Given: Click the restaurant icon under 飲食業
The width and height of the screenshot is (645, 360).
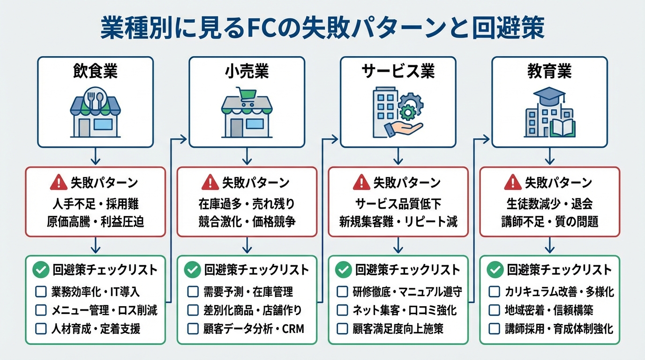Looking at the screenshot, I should pos(95,111).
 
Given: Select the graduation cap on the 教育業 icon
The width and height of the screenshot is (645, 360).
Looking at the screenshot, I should pos(552,96).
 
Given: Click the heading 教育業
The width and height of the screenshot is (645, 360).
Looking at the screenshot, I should pos(549,72).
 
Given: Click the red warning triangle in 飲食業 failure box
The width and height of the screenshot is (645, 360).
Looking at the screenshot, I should pos(59,182).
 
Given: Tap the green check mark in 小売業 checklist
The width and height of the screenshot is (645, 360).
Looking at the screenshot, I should pos(192,270).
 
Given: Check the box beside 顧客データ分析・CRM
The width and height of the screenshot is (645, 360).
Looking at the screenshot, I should pos(193,329).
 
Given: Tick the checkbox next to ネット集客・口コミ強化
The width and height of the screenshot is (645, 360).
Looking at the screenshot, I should pos(343,310).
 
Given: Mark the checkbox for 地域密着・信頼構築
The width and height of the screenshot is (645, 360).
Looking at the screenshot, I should pos(494,310).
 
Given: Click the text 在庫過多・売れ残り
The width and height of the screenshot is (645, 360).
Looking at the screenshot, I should pos(247,204).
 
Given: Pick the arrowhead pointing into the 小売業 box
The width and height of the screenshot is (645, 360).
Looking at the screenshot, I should pos(184,139).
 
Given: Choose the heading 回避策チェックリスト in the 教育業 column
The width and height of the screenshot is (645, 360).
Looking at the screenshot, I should pos(559,270).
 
